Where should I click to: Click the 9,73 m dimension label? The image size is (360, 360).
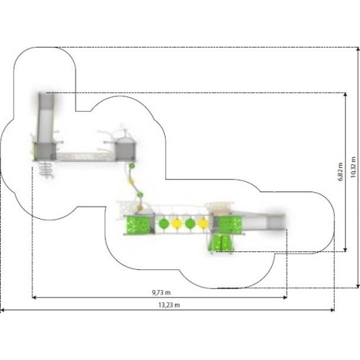pos(161,292)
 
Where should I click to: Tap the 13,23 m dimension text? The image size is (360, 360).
pos(169,305)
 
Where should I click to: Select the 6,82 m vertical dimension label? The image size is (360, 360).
pos(341,171)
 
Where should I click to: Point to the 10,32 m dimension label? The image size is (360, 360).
pos(353,167)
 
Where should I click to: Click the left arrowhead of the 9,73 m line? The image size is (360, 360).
pos(34,297)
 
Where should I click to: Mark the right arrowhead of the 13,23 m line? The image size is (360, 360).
pos(333,310)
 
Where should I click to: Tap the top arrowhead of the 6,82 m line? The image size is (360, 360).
pos(346,94)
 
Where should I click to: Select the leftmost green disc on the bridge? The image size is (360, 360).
pos(163,224)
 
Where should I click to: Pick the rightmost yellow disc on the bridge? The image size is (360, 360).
pos(203,224)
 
